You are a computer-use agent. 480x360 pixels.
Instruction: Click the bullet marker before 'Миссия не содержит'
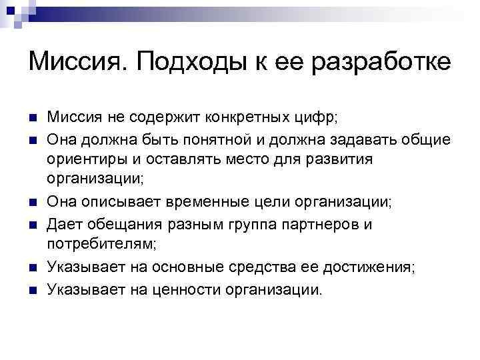[33, 119]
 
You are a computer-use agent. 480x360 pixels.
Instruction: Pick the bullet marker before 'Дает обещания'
[33, 225]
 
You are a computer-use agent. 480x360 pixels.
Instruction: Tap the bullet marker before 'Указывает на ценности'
[33, 289]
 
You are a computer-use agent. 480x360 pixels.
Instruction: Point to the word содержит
[151, 118]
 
